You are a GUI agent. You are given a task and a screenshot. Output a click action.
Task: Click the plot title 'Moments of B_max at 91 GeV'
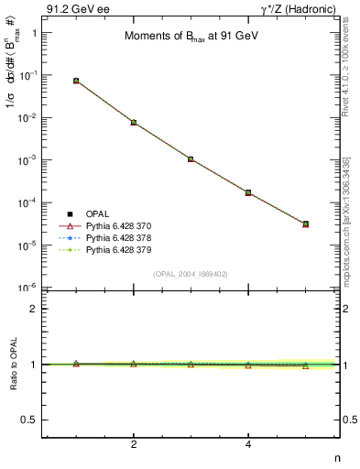(191, 37)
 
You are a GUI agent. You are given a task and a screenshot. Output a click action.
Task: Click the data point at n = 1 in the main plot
(76, 81)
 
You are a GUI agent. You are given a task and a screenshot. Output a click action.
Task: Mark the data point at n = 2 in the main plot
(134, 122)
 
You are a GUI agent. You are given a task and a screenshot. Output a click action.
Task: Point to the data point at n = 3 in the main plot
(191, 158)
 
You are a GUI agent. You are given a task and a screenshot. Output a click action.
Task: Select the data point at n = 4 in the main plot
(248, 192)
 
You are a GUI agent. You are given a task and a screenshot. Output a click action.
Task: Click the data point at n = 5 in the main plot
(306, 224)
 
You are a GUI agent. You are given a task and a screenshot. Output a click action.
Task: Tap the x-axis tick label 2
(134, 445)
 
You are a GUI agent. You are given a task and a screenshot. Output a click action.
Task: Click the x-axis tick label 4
(248, 445)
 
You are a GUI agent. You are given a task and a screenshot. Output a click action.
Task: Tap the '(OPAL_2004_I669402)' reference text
(191, 273)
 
